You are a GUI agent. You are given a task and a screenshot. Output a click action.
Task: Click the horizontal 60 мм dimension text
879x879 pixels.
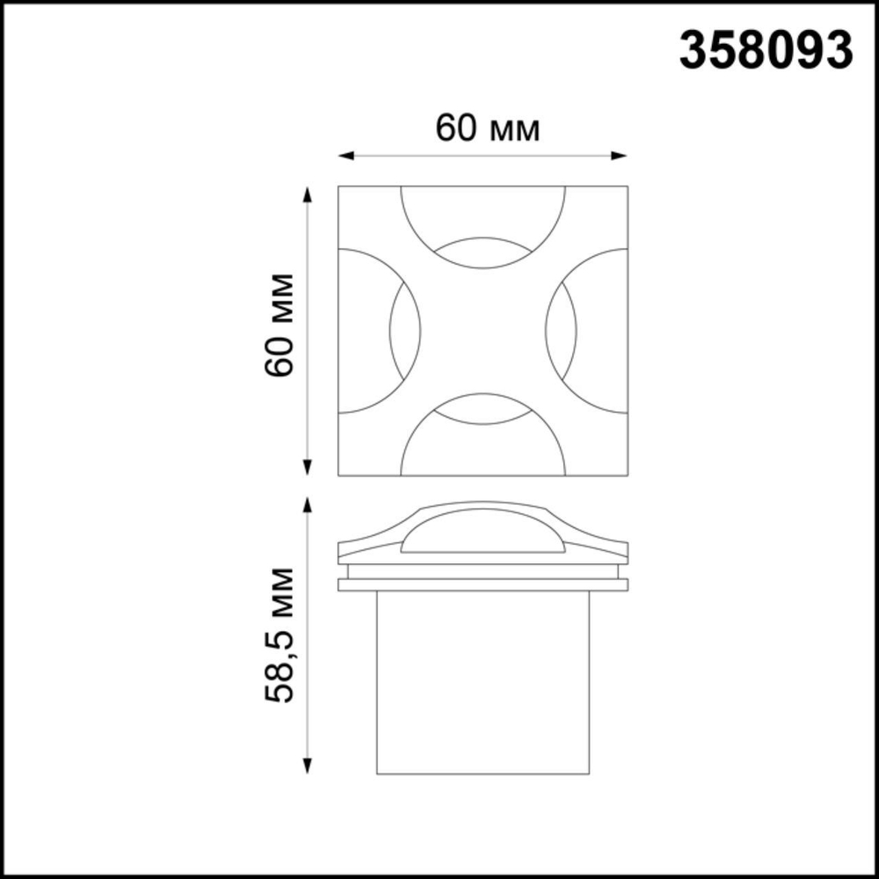[x=487, y=129]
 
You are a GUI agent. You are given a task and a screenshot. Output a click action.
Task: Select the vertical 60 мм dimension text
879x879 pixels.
[x=279, y=325]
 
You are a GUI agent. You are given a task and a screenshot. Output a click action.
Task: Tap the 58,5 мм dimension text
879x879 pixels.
[x=279, y=634]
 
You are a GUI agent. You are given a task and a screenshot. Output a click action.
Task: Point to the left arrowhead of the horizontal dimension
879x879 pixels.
[x=345, y=156]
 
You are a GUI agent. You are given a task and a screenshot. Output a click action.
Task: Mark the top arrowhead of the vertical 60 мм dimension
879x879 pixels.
[x=308, y=193]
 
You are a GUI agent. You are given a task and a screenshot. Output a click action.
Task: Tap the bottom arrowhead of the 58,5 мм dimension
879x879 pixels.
[x=308, y=768]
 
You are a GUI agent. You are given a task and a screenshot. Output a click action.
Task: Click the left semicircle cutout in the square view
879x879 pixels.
[x=362, y=331]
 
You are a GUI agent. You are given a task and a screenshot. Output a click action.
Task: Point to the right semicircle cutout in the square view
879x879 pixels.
[x=603, y=331]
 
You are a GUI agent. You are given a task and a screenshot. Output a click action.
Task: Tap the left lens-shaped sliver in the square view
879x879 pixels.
[x=404, y=331]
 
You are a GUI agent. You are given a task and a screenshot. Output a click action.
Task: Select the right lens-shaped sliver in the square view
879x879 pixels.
[x=561, y=331]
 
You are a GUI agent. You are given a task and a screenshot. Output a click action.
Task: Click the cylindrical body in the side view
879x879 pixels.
[x=483, y=681]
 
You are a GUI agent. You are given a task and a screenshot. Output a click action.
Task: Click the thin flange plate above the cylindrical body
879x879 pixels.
[x=483, y=585]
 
